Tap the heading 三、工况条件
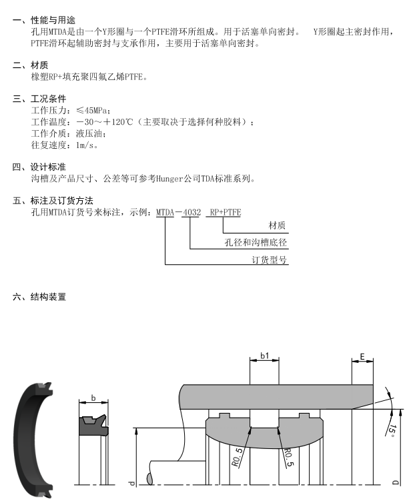(x=40, y=99)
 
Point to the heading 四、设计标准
(x=40, y=167)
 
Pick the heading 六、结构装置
(x=40, y=297)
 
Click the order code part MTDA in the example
(x=165, y=212)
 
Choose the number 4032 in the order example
(x=191, y=212)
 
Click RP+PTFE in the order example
(x=225, y=212)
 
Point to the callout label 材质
(x=277, y=226)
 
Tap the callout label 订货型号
(x=270, y=260)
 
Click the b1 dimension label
(x=265, y=356)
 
